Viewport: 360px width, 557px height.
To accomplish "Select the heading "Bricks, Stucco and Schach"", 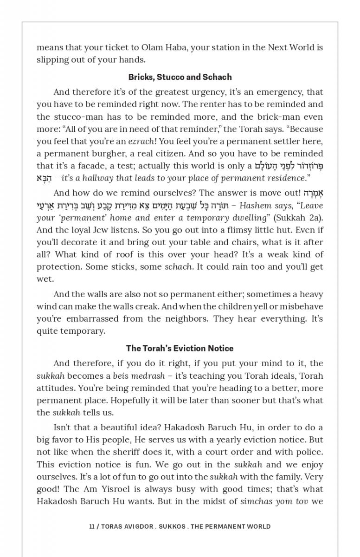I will click(x=180, y=77).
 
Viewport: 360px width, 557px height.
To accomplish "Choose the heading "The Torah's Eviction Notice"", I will click(x=180, y=348).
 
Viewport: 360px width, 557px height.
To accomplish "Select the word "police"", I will click(x=308, y=452).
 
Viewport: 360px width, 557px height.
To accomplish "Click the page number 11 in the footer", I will click(x=92, y=526).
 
